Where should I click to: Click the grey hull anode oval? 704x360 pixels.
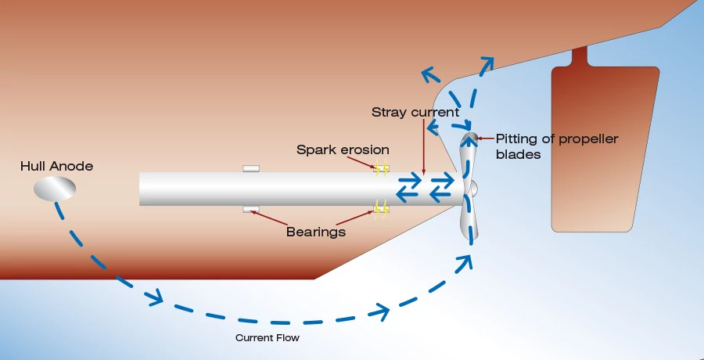(55, 188)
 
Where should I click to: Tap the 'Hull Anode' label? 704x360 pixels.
(57, 166)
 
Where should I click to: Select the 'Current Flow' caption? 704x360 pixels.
(268, 338)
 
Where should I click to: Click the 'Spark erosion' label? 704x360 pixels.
(343, 149)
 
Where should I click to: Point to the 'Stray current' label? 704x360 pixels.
(415, 113)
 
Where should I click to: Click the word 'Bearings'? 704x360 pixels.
(316, 232)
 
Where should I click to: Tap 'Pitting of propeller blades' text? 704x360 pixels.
(557, 146)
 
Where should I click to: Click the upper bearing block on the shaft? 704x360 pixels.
(251, 168)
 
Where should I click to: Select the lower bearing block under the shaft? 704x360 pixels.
(251, 209)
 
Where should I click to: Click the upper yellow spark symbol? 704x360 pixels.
(381, 167)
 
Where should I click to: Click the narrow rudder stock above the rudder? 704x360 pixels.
(579, 57)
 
